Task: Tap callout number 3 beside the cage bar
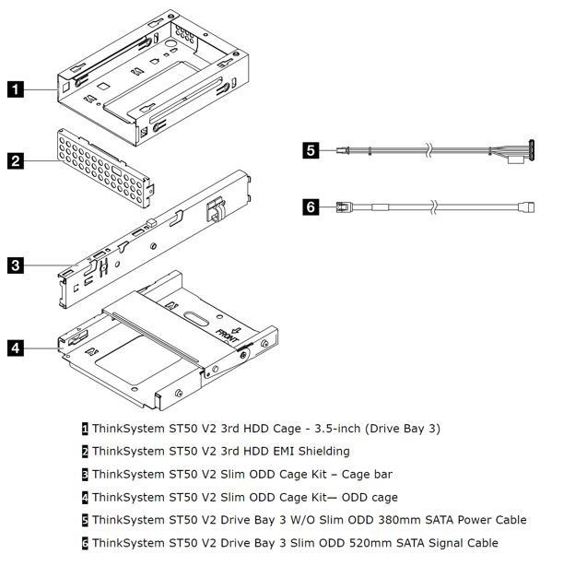[x=16, y=265]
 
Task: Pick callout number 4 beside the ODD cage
[x=16, y=348]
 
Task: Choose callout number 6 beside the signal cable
[x=311, y=206]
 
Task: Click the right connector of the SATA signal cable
[x=528, y=206]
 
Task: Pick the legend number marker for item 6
[x=86, y=543]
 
